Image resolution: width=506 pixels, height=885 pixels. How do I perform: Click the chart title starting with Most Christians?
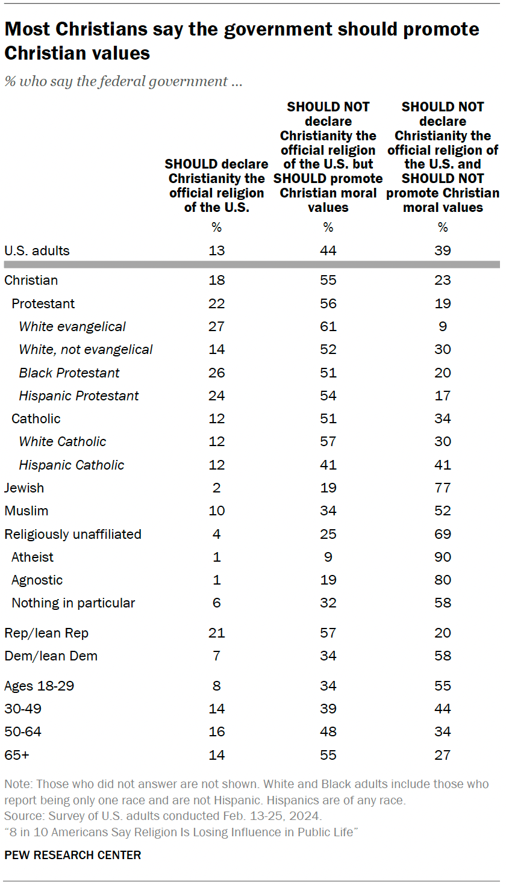tap(241, 41)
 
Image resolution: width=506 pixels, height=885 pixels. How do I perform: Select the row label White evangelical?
tap(72, 326)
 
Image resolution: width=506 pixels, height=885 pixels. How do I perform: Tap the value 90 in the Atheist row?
tap(443, 557)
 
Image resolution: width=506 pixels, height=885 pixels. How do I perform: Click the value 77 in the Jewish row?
tap(443, 488)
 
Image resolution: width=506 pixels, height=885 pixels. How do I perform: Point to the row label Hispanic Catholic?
tap(71, 465)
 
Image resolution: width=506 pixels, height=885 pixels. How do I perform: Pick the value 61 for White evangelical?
tap(328, 326)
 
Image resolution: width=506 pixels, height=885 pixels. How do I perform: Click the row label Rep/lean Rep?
tap(46, 633)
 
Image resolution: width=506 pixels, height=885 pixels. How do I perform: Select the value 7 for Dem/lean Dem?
tap(217, 656)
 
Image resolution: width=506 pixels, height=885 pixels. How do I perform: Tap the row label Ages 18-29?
tap(39, 686)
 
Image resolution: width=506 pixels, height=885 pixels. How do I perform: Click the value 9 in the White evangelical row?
tap(443, 326)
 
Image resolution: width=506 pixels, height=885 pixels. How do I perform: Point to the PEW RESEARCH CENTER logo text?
tap(73, 855)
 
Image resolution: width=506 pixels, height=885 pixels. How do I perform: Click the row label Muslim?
tap(26, 511)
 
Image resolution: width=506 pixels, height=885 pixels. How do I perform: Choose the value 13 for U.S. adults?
tap(217, 250)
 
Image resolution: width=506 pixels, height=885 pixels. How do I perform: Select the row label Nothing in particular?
tap(73, 603)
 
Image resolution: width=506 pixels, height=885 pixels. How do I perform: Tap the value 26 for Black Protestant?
tap(217, 373)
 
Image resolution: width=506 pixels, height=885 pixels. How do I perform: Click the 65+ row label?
tap(17, 755)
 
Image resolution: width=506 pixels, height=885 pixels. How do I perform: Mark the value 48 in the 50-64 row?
tap(328, 731)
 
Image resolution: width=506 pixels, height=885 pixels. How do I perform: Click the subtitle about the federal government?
tap(123, 81)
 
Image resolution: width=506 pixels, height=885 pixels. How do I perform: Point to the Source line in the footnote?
tap(163, 816)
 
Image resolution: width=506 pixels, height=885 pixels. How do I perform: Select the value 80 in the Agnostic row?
tap(443, 580)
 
